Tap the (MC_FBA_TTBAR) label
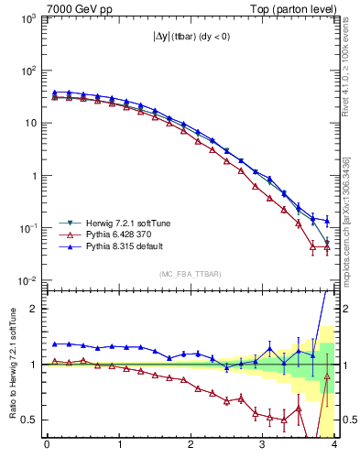(x=191, y=274)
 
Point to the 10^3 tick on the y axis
(x=28, y=17)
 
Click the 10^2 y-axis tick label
(x=28, y=71)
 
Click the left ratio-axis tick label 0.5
(x=29, y=420)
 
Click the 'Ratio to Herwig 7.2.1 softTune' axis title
(x=11, y=363)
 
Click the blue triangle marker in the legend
(x=67, y=246)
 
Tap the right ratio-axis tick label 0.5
(x=349, y=420)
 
